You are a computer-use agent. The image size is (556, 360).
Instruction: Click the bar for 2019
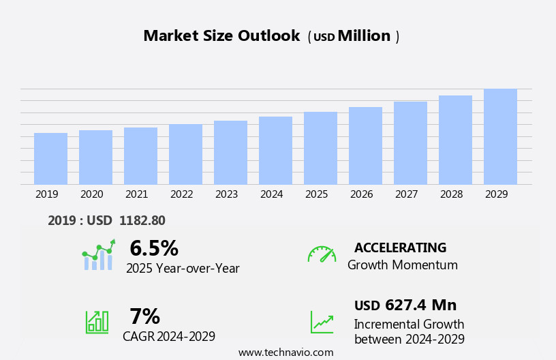tap(50, 158)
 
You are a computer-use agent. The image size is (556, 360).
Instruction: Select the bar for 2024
tap(275, 150)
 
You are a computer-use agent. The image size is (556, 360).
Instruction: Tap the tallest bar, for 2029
tap(500, 136)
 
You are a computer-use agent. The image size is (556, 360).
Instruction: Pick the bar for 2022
tap(185, 154)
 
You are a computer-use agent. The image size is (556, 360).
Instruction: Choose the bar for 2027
tap(410, 142)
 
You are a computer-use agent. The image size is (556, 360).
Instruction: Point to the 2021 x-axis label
tap(136, 194)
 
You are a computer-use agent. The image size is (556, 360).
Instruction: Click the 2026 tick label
tap(361, 194)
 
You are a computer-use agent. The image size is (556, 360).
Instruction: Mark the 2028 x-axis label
tap(451, 194)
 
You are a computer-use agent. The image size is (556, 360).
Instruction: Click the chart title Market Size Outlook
tap(221, 36)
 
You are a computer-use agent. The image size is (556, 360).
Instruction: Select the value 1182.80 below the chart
tap(142, 220)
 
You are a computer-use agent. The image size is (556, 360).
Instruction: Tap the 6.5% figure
tap(154, 248)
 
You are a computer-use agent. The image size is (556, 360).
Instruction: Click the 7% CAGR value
tap(144, 316)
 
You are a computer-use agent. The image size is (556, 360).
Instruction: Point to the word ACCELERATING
tap(400, 247)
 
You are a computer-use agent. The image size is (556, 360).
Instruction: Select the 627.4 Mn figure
tap(420, 305)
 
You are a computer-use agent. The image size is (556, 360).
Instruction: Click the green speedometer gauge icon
tap(322, 254)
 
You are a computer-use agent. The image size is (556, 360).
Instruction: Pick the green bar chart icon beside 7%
tap(97, 321)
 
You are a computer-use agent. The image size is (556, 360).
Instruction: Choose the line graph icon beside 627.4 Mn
tap(322, 321)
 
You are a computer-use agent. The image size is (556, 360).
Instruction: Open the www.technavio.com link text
tap(285, 352)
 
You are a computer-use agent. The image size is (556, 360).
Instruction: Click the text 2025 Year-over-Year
tap(183, 269)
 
